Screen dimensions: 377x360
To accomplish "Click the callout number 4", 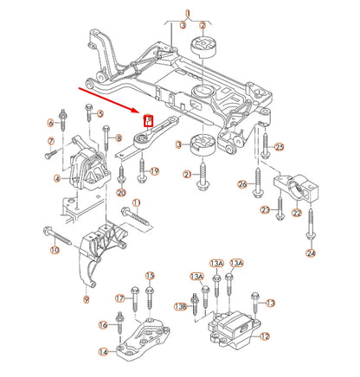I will point(57,179).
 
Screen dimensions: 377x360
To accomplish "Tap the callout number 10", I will point(55,251).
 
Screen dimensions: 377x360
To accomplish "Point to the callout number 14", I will point(104,352).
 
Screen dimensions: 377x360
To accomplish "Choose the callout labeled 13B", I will point(180,306).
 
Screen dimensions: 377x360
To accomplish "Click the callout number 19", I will point(155,172).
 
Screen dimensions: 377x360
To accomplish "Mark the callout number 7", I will point(50,141).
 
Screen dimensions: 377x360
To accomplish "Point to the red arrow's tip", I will point(138,113).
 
